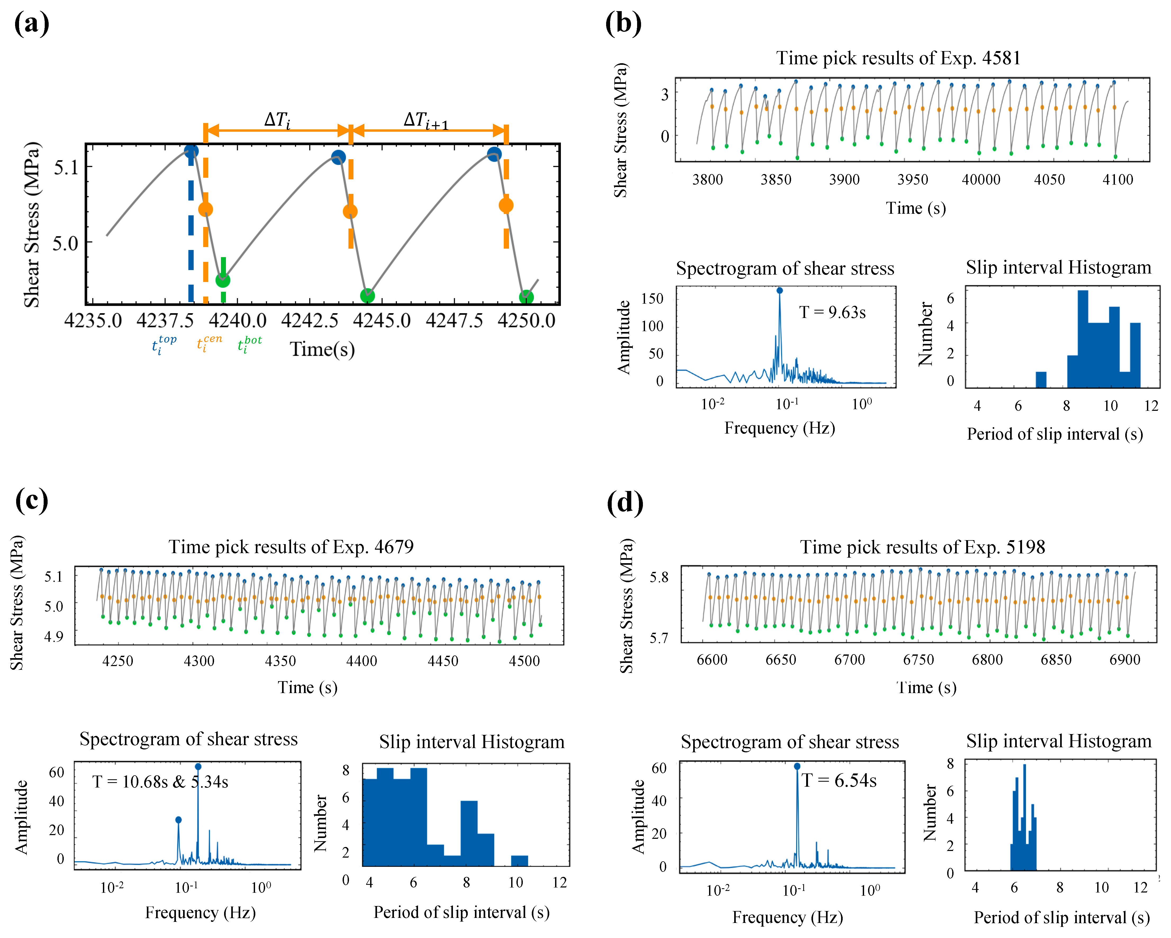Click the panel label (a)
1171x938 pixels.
31,24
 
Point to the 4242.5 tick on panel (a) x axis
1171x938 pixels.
310,320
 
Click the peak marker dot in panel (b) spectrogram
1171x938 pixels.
779,291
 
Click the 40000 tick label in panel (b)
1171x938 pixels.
981,180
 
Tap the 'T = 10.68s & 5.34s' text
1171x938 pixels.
160,782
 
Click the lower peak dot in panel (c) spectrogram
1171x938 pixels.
178,819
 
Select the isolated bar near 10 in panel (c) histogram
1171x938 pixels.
519,860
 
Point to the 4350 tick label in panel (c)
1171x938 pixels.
280,661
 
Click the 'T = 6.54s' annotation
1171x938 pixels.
839,781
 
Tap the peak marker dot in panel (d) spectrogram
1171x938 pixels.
797,766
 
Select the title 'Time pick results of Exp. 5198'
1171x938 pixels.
922,547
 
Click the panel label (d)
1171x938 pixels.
625,502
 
